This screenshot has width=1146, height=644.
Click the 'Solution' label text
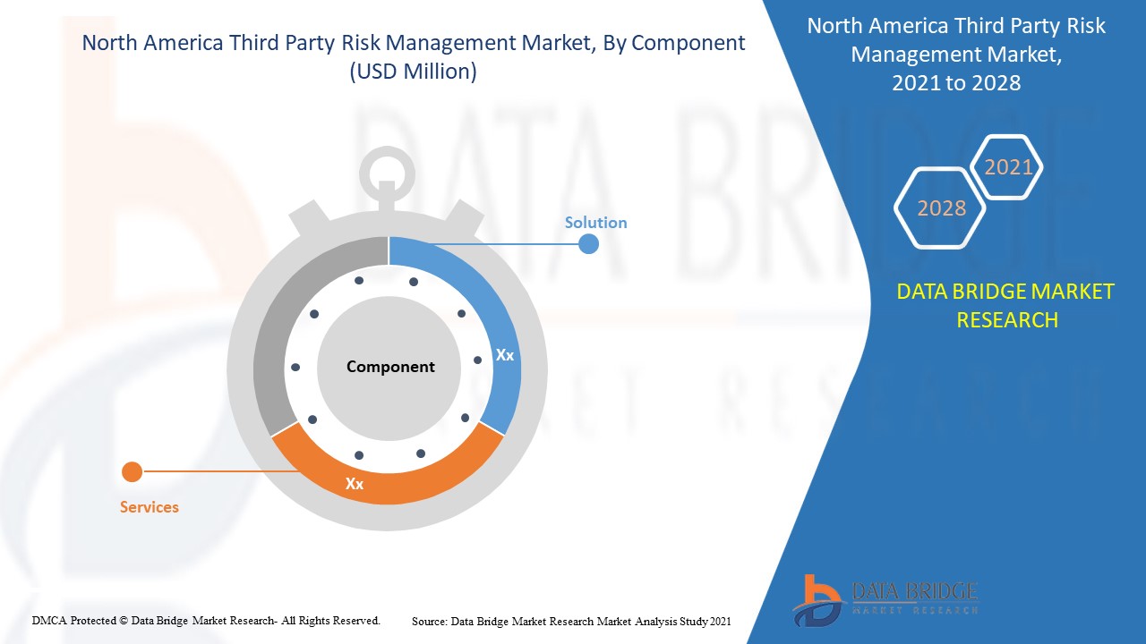595,223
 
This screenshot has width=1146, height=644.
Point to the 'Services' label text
150,507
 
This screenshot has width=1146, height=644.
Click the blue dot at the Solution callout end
588,243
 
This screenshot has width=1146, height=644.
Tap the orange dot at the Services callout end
132,471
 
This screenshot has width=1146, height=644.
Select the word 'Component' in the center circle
390,367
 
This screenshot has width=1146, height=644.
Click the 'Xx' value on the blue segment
505,355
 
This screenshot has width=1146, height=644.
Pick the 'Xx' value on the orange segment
355,484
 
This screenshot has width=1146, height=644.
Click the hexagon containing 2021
1008,167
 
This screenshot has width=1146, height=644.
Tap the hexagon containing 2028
941,208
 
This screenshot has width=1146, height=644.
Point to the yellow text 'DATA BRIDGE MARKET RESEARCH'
1005,305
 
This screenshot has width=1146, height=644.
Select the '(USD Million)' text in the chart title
413,72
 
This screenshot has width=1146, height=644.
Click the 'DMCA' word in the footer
51,620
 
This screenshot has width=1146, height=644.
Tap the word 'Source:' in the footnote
430,620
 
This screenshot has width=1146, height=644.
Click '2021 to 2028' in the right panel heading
956,83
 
